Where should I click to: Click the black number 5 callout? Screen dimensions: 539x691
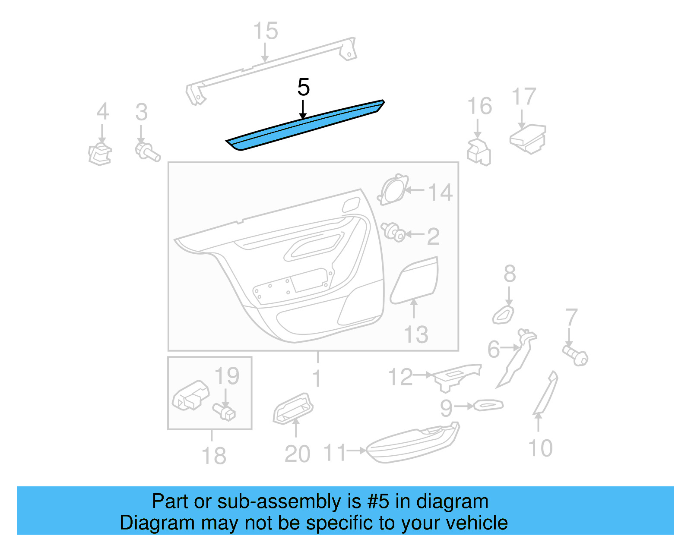tap(303, 88)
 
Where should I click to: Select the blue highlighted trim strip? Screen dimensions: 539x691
tap(304, 126)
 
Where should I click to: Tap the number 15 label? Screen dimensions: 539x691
tap(265, 31)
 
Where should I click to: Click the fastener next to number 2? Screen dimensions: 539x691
tap(393, 232)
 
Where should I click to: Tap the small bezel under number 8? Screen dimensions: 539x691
tap(504, 315)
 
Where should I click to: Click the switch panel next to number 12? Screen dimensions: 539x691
tap(456, 375)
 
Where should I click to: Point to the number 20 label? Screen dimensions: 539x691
tap(297, 454)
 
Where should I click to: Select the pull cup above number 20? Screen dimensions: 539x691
tap(293, 407)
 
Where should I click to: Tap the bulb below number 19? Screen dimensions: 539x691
tap(224, 411)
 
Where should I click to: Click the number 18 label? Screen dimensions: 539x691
tap(214, 456)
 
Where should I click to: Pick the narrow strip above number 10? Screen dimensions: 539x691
tap(545, 393)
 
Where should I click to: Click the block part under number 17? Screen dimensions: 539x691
tap(528, 138)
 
